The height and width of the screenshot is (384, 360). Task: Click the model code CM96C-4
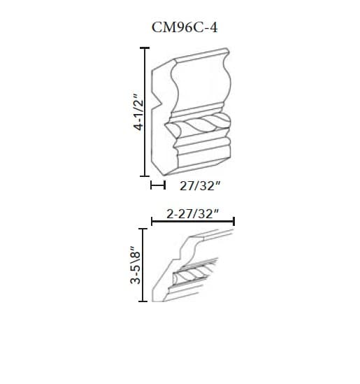point(180,27)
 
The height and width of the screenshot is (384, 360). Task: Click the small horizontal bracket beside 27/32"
point(157,186)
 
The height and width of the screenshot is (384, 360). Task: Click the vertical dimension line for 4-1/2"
point(144,111)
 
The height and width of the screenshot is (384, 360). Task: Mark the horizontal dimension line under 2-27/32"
point(193,222)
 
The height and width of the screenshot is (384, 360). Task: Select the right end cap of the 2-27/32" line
point(233,222)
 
